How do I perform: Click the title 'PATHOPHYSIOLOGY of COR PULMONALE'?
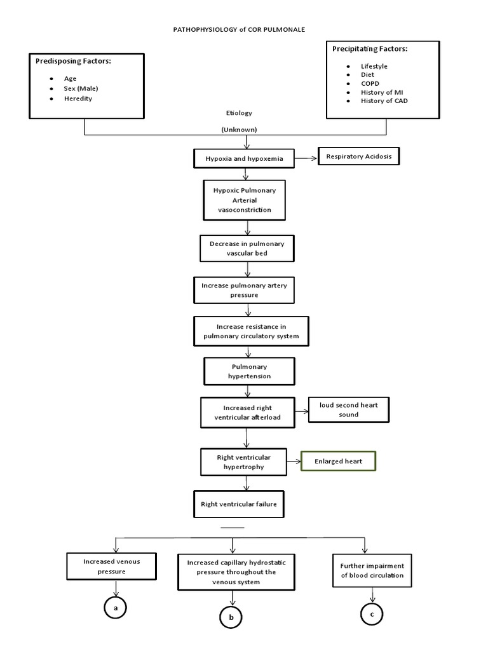tap(245, 29)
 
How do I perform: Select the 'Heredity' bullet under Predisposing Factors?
tap(78, 99)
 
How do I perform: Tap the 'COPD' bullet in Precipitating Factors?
tap(369, 83)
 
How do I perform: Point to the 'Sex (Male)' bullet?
tap(81, 88)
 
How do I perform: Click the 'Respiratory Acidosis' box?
tap(359, 157)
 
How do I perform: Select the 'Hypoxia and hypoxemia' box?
tap(244, 159)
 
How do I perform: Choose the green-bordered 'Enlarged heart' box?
tap(339, 461)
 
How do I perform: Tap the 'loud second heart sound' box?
tap(348, 410)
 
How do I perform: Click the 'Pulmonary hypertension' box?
tap(249, 371)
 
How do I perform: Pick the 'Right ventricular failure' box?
tap(239, 504)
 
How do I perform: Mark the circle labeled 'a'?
tap(115, 608)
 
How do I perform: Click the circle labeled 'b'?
tap(231, 617)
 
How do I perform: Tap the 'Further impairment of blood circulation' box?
tap(371, 570)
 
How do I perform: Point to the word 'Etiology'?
tap(239, 113)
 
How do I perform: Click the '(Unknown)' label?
tap(239, 129)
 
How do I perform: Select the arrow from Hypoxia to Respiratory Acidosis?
tap(306, 159)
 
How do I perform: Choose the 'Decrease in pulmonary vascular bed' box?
tap(247, 248)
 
